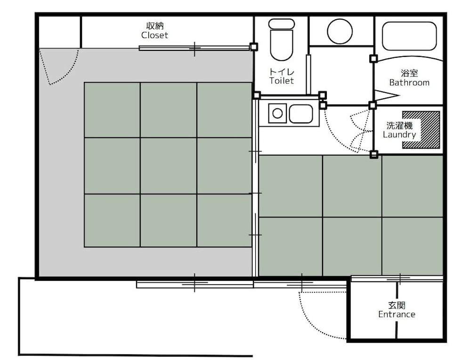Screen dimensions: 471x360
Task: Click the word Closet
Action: pos(154,35)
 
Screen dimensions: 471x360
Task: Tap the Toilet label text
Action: pos(282,80)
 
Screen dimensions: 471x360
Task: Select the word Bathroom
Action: pos(409,82)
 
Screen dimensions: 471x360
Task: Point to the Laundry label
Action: pos(399,135)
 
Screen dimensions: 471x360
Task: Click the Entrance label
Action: pos(397,314)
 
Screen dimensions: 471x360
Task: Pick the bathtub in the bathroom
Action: pos(409,36)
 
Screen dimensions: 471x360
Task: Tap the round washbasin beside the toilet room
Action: pos(340,32)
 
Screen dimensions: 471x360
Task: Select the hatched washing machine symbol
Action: pos(421,130)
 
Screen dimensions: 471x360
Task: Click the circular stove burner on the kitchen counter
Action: pos(277,113)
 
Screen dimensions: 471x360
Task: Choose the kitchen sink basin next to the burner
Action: pos(300,114)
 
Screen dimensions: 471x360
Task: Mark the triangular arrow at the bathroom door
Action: pos(387,96)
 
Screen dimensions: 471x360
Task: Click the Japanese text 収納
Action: pos(155,26)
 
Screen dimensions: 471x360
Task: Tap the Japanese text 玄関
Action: pos(397,305)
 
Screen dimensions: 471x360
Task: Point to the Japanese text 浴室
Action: pos(409,73)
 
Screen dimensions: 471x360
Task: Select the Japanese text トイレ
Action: pos(282,72)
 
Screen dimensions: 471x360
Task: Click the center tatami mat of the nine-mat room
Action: pos(169,166)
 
